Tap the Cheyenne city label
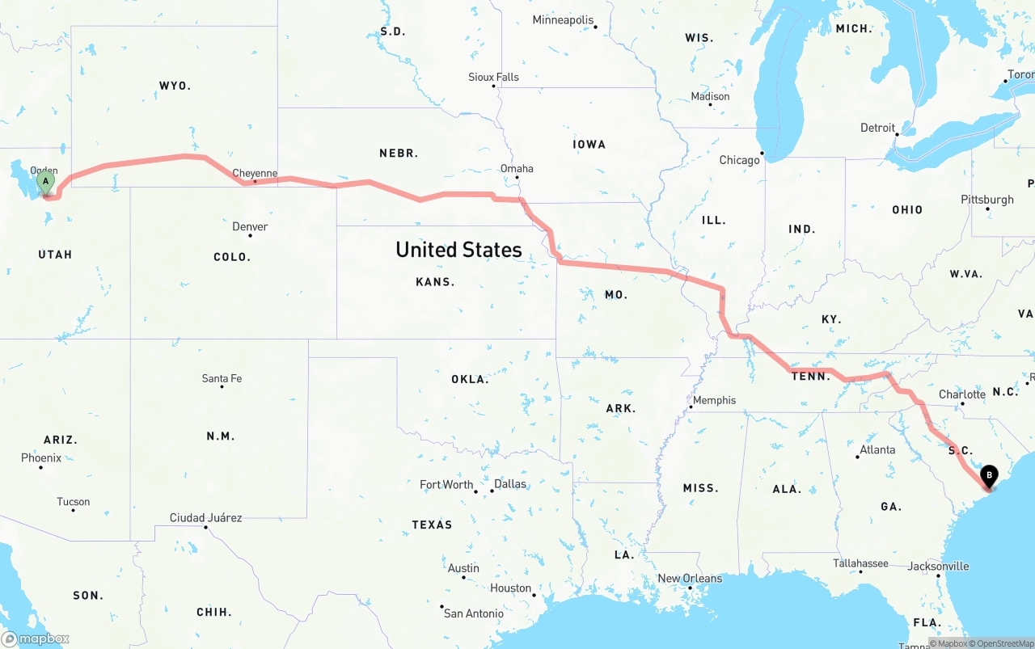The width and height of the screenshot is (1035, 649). (x=255, y=173)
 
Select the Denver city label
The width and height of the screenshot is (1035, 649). (x=250, y=226)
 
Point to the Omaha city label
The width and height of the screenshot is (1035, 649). (x=517, y=168)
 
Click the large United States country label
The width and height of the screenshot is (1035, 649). (x=458, y=250)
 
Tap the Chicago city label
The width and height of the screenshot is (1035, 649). (x=739, y=160)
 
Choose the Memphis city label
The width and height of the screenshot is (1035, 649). (x=714, y=400)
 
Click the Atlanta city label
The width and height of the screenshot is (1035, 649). (x=877, y=449)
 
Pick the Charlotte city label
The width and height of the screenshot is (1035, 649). (x=961, y=394)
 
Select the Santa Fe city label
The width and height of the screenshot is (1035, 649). (x=222, y=378)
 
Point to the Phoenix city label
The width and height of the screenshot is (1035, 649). (x=41, y=457)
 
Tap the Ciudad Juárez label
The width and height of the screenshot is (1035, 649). (x=205, y=517)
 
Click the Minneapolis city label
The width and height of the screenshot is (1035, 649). (x=563, y=20)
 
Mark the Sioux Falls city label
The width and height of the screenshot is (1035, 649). (x=493, y=77)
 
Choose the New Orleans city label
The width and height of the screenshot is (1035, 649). (x=690, y=578)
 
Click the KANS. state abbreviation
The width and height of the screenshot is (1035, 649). (x=435, y=282)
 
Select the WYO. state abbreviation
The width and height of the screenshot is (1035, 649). (x=175, y=86)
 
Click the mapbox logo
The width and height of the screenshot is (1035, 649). (x=36, y=638)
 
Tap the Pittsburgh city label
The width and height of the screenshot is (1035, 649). (x=986, y=200)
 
